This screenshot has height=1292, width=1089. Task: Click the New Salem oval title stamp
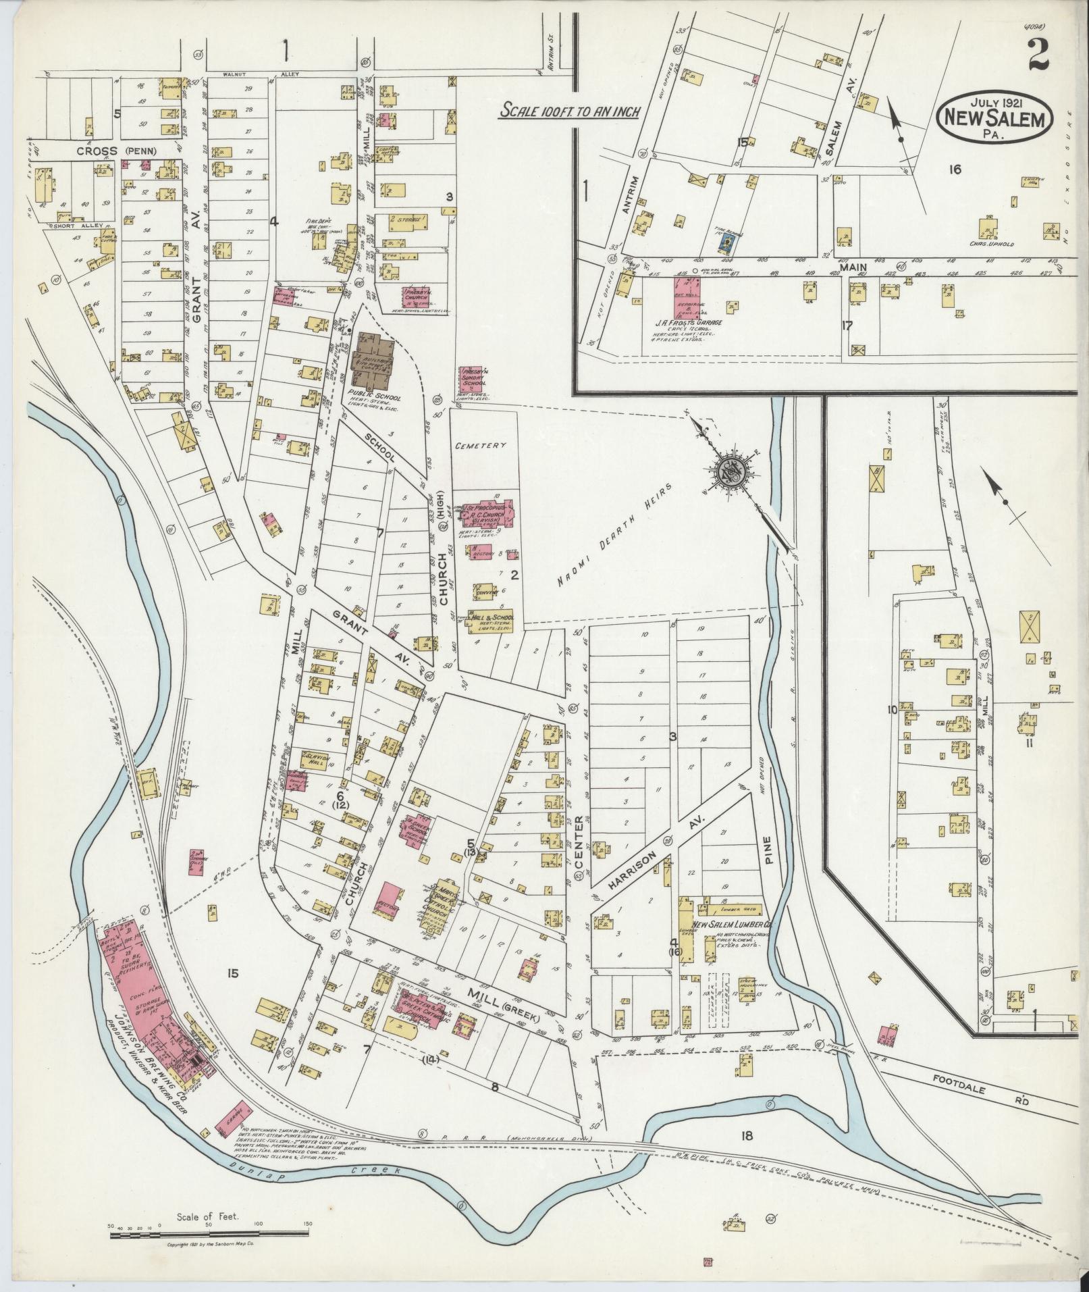click(994, 116)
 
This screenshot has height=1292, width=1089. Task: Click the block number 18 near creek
click(745, 1136)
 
